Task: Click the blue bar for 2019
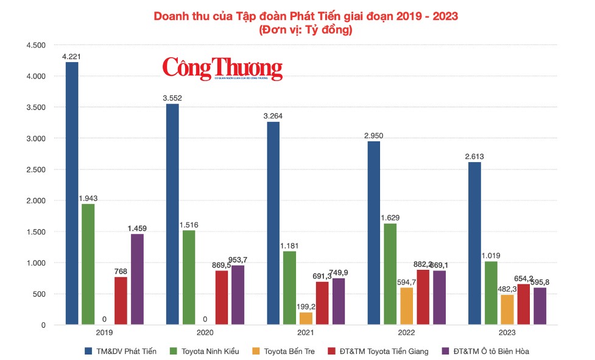(72, 194)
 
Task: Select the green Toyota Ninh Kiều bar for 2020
(189, 278)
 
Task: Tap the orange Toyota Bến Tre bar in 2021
(306, 319)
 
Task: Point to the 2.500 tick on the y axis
(36, 169)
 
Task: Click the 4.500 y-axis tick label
(36, 45)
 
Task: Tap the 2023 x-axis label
(507, 333)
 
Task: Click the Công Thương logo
(222, 68)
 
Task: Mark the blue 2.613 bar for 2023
(474, 244)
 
